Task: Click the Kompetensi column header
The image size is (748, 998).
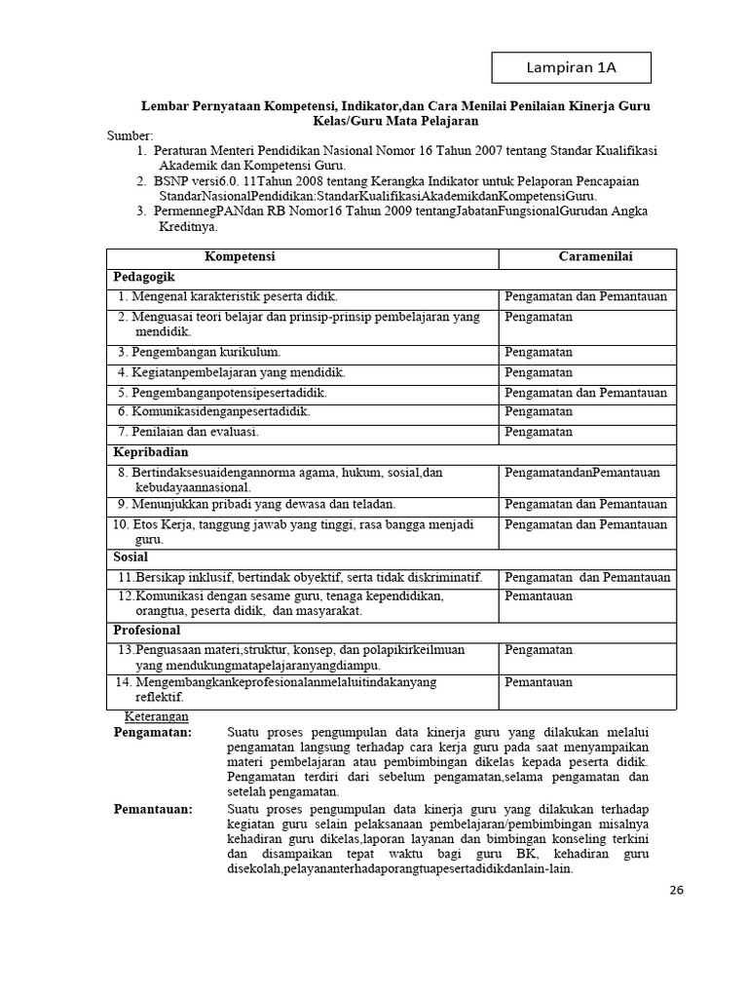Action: (x=240, y=256)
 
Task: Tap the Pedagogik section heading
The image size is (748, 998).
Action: (x=144, y=277)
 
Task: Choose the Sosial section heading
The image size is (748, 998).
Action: (x=131, y=557)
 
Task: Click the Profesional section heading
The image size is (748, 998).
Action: (x=147, y=631)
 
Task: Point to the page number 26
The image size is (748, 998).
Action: (x=679, y=890)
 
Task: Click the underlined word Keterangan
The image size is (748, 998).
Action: (x=154, y=716)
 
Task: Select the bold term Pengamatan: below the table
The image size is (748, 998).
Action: (x=153, y=732)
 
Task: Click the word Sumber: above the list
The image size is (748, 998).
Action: (x=131, y=135)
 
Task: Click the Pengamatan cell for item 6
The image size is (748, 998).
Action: (x=538, y=412)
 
